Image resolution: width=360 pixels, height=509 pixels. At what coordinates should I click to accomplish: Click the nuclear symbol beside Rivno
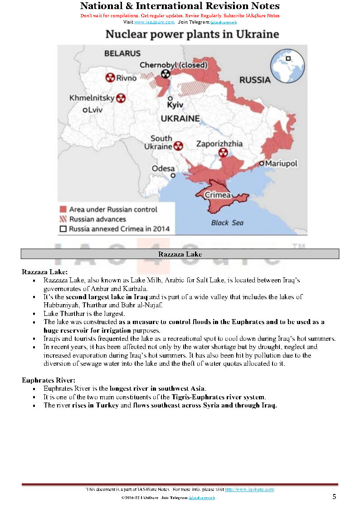click(x=110, y=78)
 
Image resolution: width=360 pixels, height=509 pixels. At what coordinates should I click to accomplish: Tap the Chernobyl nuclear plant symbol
click(x=165, y=74)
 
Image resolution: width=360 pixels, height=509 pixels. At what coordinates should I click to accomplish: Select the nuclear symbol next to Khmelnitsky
click(x=121, y=98)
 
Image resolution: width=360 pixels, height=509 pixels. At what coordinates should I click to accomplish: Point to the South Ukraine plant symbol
click(x=178, y=146)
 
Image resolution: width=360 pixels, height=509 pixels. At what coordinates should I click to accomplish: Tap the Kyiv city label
click(x=175, y=105)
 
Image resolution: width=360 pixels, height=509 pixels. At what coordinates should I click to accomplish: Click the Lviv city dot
click(x=85, y=110)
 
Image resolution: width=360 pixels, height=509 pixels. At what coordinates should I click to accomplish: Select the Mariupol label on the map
click(x=281, y=163)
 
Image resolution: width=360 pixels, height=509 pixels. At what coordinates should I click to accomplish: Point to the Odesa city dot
click(x=172, y=175)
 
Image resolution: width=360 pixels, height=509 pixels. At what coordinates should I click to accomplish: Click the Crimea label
click(x=218, y=195)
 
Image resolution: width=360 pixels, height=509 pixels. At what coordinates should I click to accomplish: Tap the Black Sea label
click(x=227, y=223)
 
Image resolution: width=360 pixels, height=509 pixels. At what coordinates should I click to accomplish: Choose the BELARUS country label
click(x=122, y=53)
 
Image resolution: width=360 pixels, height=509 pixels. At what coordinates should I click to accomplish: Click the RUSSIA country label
click(x=255, y=80)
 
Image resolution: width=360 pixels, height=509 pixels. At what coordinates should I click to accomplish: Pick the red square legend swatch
click(x=63, y=209)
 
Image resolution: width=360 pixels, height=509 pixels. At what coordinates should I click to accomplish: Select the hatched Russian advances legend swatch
click(x=63, y=219)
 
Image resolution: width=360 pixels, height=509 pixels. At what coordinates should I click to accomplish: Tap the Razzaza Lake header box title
click(x=180, y=254)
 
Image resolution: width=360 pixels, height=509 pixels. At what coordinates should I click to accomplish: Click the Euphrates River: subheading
click(x=49, y=380)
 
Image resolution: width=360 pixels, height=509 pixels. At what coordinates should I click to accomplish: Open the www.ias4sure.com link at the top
click(x=154, y=22)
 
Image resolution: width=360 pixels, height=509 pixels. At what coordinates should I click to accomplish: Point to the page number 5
click(x=334, y=497)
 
